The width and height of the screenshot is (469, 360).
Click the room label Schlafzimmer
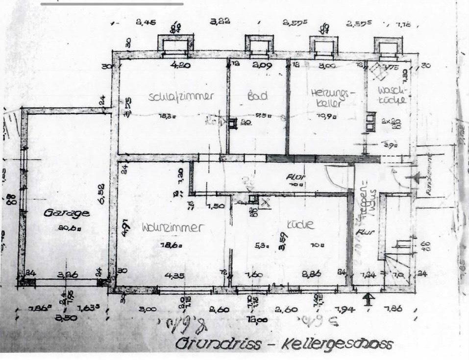181,96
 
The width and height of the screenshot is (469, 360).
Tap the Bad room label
257,96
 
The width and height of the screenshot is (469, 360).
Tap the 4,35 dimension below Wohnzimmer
174,275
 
